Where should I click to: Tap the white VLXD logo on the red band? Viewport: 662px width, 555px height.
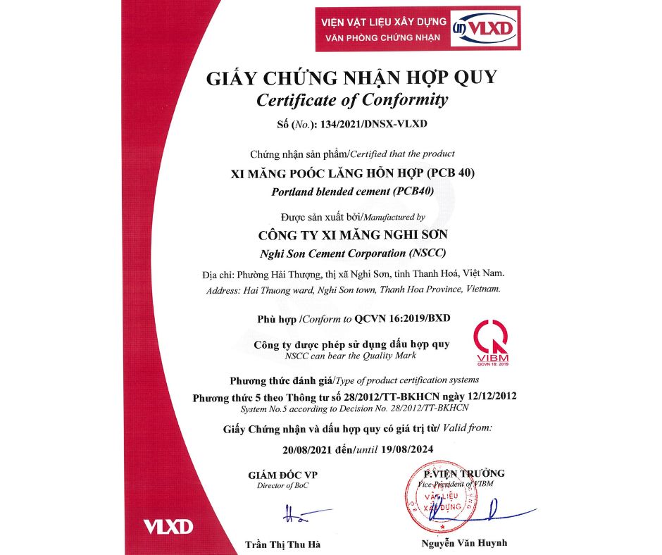pyautogui.click(x=168, y=526)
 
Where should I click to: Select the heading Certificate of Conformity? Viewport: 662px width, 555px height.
pyautogui.click(x=351, y=99)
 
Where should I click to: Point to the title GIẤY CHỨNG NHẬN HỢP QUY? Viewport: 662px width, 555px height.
pyautogui.click(x=351, y=77)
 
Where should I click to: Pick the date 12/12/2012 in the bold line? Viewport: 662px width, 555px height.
pyautogui.click(x=490, y=397)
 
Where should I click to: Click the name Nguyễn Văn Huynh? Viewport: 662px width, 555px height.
pyautogui.click(x=464, y=543)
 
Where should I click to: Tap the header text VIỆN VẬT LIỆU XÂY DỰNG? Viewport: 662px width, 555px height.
pyautogui.click(x=381, y=22)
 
